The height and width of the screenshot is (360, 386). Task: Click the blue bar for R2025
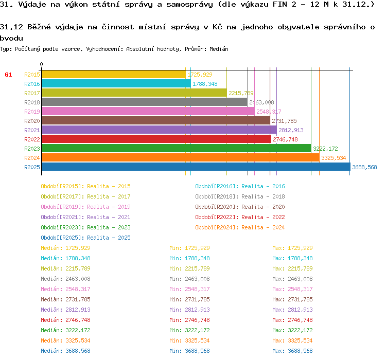click(x=196, y=167)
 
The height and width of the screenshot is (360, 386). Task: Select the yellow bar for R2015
click(x=113, y=75)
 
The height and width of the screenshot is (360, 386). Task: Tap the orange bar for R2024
click(x=180, y=158)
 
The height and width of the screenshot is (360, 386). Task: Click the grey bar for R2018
click(x=144, y=102)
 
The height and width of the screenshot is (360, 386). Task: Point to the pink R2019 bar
click(x=148, y=112)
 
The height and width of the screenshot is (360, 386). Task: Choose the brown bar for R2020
click(x=155, y=121)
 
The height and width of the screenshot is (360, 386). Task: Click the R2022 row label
click(x=32, y=139)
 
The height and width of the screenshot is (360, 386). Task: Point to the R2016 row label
click(x=32, y=84)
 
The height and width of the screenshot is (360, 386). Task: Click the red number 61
click(x=8, y=75)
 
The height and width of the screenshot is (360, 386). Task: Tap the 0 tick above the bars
click(x=42, y=65)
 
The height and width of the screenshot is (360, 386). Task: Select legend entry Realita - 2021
click(x=85, y=217)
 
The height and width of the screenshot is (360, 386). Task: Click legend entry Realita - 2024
click(x=240, y=227)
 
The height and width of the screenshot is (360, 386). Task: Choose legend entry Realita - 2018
click(x=240, y=196)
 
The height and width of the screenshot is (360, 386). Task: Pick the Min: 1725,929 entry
click(x=189, y=248)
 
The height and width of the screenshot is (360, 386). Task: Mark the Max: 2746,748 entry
click(x=292, y=320)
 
